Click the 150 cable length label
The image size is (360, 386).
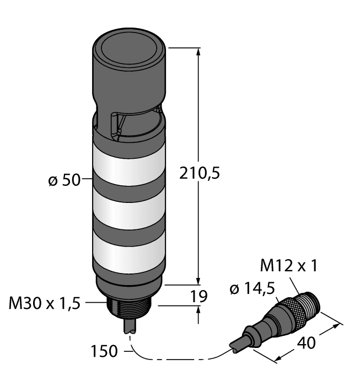point(105,351)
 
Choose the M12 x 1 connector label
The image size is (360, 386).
point(289,266)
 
